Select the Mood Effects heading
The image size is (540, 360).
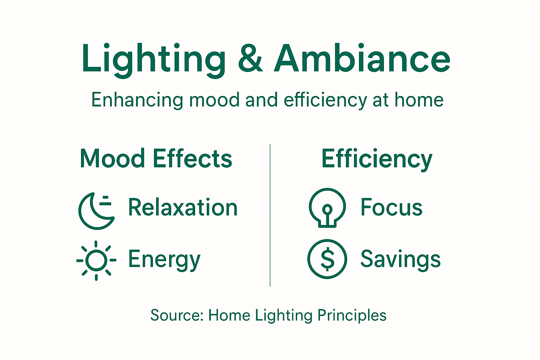(156, 159)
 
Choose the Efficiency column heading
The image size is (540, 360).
(377, 159)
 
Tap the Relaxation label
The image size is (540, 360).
(183, 207)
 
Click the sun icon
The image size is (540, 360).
(96, 261)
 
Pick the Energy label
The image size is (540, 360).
(164, 260)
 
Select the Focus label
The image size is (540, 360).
(391, 207)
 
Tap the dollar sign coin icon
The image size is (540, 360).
(327, 259)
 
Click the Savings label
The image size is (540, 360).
(400, 259)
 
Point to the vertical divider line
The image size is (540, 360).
(270, 215)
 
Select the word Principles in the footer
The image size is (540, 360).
(352, 315)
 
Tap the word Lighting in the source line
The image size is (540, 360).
(283, 315)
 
